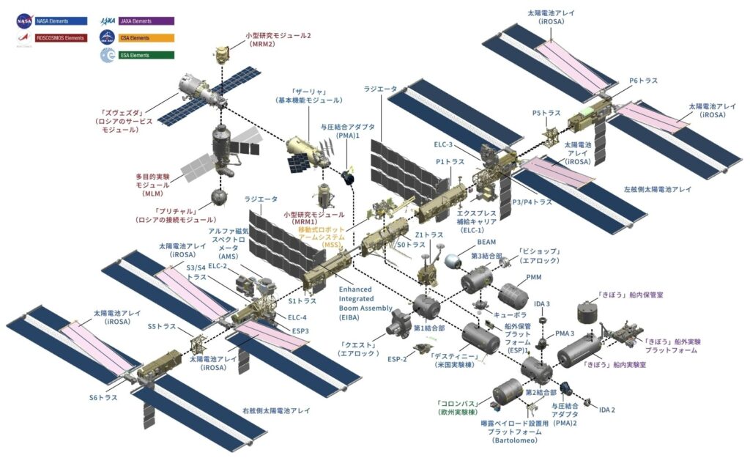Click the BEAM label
[486, 241]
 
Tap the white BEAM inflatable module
[456, 261]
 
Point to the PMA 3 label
[564, 333]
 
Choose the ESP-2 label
[397, 360]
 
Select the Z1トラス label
[428, 234]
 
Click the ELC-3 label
[443, 144]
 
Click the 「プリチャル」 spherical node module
[218, 196]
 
